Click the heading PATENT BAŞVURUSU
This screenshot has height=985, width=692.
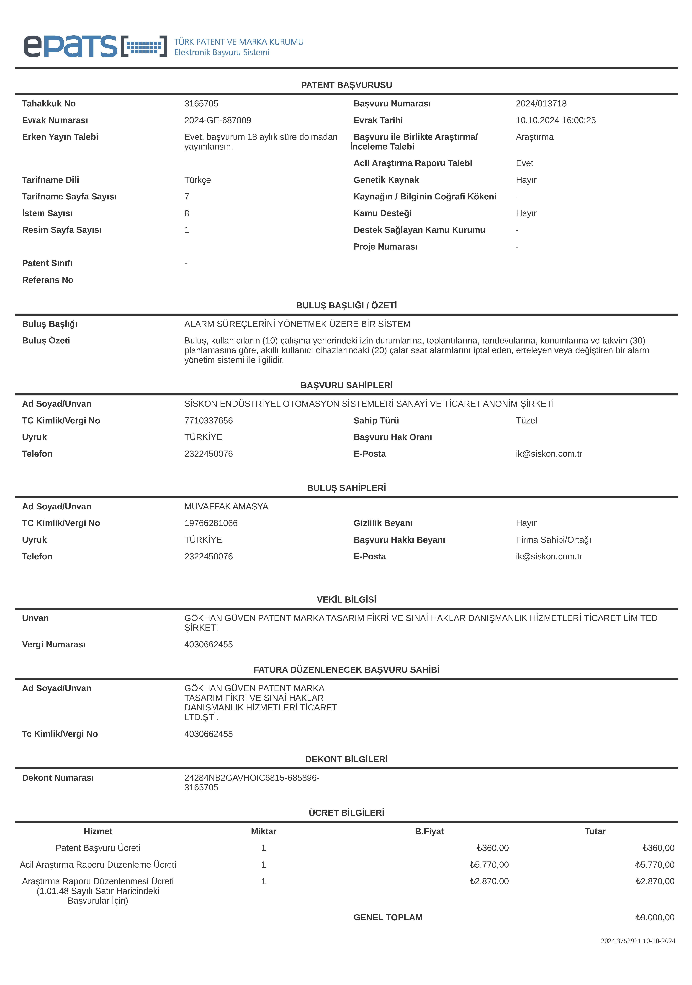point(346,85)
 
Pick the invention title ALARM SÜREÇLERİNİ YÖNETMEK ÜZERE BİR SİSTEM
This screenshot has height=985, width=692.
point(297,324)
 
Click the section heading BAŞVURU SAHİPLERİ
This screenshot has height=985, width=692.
point(346,385)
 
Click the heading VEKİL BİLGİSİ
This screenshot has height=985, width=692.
point(346,599)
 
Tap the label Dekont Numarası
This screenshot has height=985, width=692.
point(58,778)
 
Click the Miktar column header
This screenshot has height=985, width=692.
point(263,831)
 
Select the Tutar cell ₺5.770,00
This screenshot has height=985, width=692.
point(655,865)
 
